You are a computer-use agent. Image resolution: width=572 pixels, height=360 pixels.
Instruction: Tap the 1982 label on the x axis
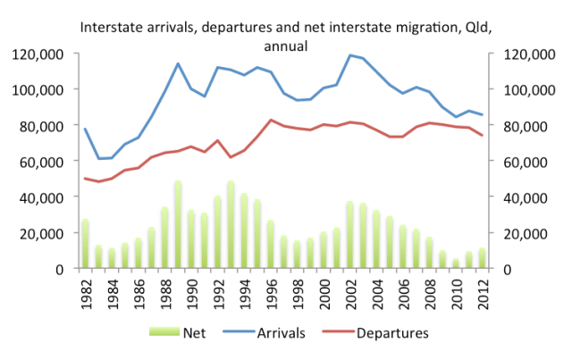(86, 290)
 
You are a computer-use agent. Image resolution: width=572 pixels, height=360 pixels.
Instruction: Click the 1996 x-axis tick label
(270, 290)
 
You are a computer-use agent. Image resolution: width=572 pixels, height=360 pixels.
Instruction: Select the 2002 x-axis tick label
(349, 290)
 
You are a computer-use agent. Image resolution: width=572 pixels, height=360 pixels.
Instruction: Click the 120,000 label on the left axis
(38, 54)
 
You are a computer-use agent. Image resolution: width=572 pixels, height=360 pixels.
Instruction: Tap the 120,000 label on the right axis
(528, 54)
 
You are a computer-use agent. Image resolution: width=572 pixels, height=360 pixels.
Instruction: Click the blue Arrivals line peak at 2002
(349, 55)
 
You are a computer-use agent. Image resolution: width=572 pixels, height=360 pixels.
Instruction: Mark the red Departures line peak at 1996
(270, 120)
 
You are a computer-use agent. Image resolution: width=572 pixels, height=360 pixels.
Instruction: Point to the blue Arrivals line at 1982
(86, 129)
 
